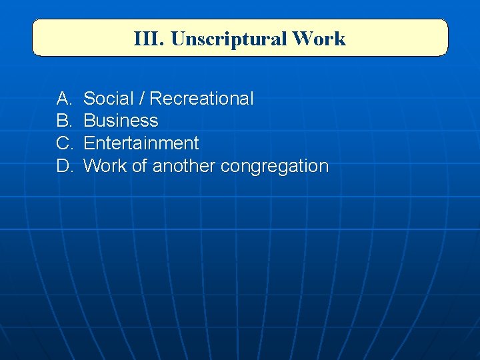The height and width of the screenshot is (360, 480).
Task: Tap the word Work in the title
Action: click(319, 39)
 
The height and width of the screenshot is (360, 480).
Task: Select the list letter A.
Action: click(64, 99)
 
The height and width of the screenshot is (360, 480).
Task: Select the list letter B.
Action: click(64, 121)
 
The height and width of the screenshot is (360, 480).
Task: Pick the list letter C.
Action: click(64, 143)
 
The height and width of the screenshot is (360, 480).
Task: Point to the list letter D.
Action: click(64, 166)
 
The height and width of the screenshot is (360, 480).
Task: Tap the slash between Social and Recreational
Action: click(141, 99)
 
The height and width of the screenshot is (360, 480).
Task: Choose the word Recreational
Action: click(201, 99)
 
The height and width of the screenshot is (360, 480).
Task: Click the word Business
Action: click(121, 121)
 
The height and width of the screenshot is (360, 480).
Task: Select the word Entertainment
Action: click(141, 143)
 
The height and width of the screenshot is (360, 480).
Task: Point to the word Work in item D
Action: click(105, 166)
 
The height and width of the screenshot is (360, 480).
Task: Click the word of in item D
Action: click(139, 166)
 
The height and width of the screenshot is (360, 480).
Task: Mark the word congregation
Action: click(274, 167)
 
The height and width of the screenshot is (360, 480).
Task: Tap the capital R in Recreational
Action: click(155, 99)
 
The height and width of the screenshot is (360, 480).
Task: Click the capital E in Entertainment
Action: click(89, 143)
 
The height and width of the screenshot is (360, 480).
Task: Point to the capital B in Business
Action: click(89, 121)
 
